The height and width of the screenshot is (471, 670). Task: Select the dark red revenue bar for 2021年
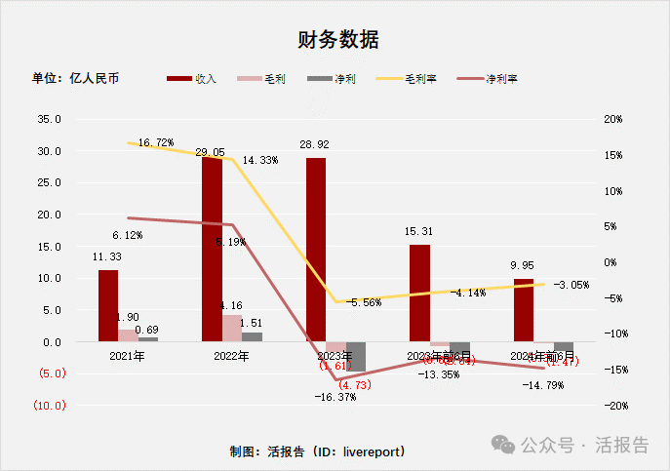[108, 305]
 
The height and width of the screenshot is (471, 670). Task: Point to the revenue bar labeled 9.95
[524, 310]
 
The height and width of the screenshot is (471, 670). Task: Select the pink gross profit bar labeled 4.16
[232, 329]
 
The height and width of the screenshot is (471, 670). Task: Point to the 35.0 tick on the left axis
[48, 120]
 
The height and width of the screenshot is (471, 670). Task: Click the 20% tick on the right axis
[612, 120]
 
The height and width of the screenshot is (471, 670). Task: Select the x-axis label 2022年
[231, 356]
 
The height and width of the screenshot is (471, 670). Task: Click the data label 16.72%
[156, 142]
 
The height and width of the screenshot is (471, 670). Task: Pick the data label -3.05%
[571, 285]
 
